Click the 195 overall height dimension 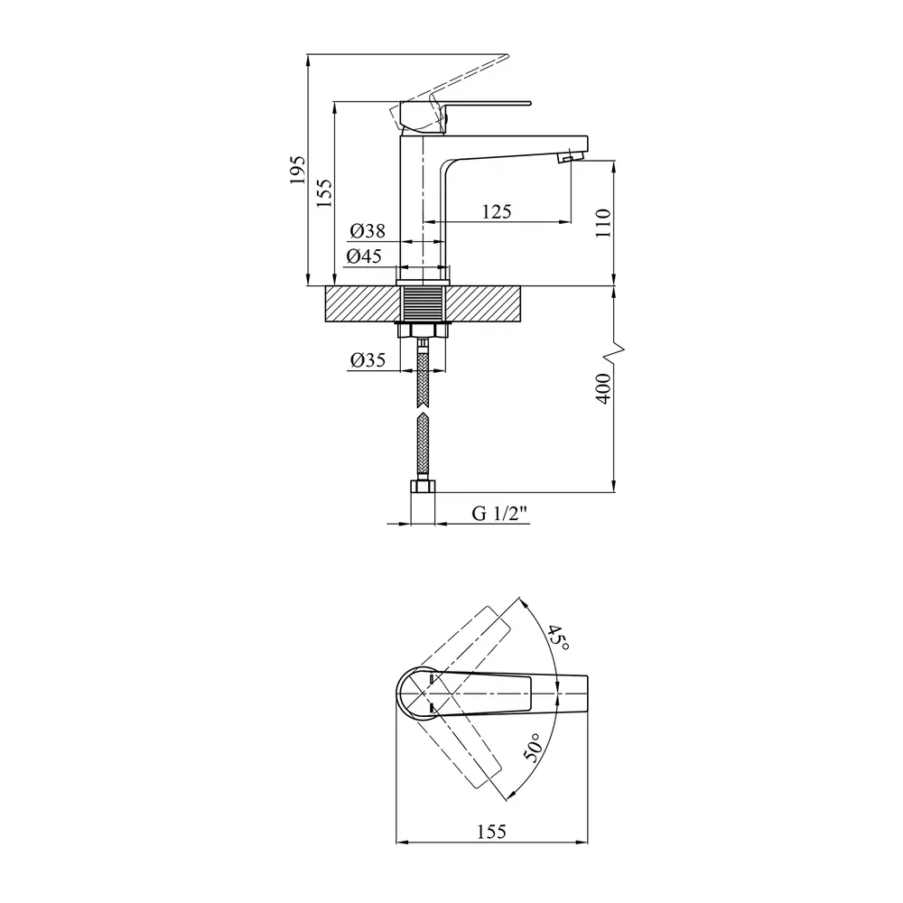click(297, 170)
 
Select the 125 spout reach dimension click(497, 212)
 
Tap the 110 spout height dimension click(602, 223)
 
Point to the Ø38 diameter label click(368, 231)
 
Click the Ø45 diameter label click(364, 256)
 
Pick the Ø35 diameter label click(368, 360)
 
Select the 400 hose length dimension click(602, 388)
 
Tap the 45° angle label click(557, 638)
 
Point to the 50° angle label click(534, 748)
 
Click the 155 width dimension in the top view click(492, 832)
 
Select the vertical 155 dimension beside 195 click(324, 193)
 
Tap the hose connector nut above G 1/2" click(423, 487)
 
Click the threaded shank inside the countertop click(423, 303)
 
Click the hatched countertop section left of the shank click(363, 303)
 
